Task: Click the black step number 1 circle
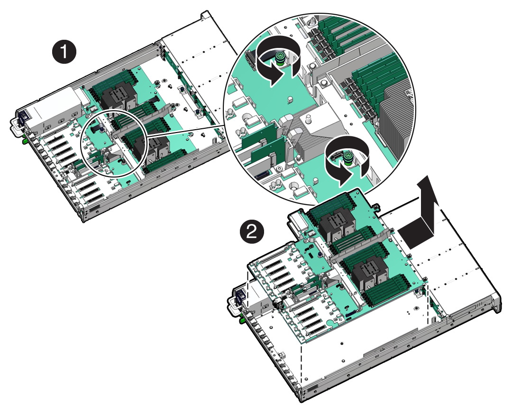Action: [64, 52]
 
